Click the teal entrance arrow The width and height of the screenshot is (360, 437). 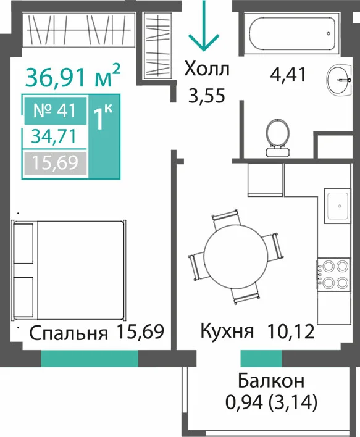204,26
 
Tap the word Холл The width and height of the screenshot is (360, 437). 207,69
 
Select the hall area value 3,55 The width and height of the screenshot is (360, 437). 207,96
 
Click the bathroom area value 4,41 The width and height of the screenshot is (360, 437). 288,75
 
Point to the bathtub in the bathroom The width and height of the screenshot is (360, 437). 292,33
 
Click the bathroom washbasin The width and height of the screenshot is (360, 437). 339,80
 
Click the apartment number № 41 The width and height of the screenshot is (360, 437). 55,110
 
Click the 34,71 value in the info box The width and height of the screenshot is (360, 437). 54,137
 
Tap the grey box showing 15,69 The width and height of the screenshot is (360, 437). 55,163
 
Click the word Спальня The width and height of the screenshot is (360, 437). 69,333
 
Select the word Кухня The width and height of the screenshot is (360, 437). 227,331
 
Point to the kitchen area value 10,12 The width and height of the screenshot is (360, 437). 291,331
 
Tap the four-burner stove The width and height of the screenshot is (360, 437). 333,275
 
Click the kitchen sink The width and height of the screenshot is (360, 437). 337,206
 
